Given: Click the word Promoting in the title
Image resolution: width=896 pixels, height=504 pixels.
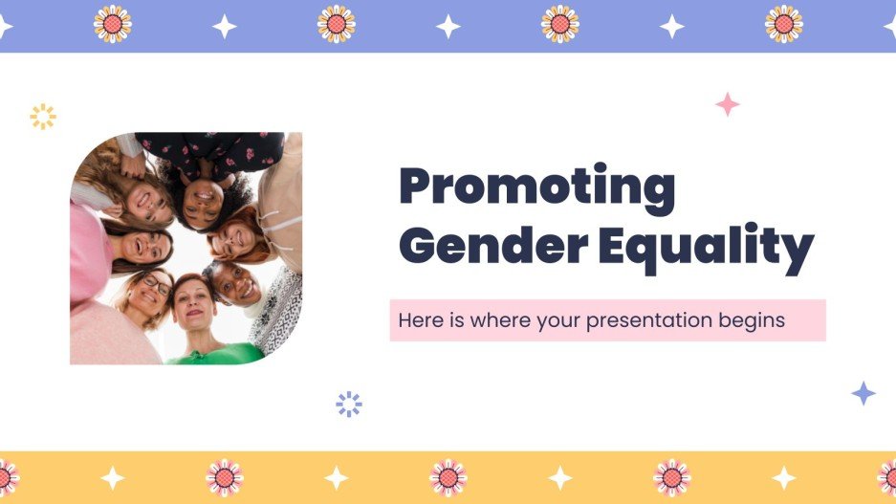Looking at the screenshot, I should [x=536, y=188].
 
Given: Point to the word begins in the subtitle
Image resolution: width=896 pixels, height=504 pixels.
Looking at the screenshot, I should [x=751, y=321].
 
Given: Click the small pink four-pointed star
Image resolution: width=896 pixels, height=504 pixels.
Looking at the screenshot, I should [x=728, y=104].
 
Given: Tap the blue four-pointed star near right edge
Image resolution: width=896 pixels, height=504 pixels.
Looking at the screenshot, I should [x=863, y=393].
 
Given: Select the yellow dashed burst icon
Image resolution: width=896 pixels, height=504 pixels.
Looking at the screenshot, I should [x=43, y=117].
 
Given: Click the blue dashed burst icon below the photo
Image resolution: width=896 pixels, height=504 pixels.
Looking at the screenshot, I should [x=349, y=404].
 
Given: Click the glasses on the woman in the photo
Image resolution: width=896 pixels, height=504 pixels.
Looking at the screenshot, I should [x=156, y=285].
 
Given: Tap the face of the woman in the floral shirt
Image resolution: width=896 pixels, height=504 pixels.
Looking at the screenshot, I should [x=202, y=202].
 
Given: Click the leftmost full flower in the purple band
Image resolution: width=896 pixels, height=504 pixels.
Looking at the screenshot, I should [x=113, y=24].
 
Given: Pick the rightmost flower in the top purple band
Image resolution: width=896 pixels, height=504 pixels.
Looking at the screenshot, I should [x=784, y=24].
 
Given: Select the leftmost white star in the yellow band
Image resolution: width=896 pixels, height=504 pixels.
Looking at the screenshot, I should [x=113, y=477].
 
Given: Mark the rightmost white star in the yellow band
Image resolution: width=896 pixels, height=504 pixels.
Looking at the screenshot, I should [x=784, y=477].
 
